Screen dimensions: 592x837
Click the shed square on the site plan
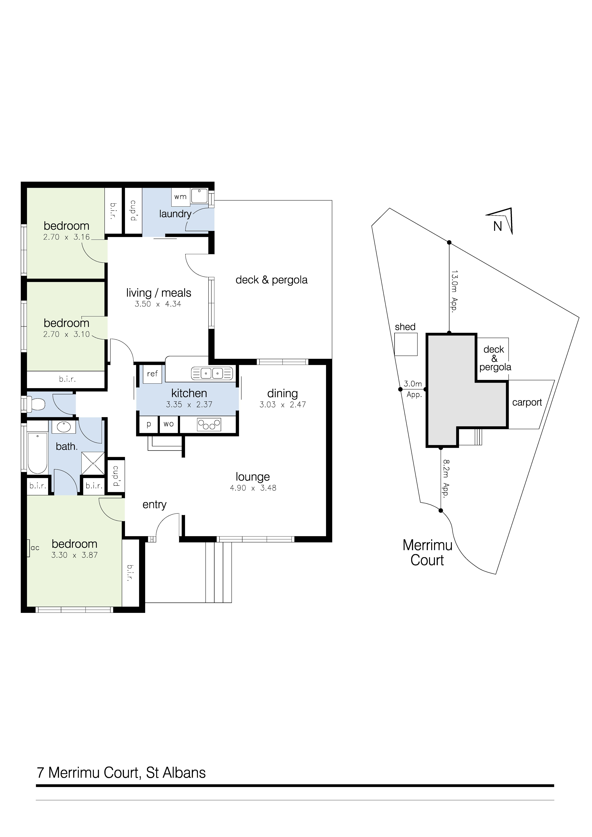click(x=406, y=344)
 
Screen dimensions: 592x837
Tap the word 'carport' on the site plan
click(x=527, y=402)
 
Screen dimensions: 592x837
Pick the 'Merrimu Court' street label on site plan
click(x=427, y=553)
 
